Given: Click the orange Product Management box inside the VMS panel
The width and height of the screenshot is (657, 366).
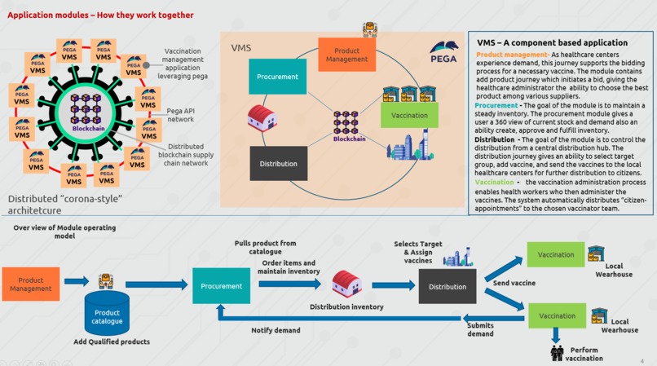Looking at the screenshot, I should (x=345, y=54).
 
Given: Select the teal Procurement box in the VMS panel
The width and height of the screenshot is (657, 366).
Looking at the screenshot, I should (x=278, y=77).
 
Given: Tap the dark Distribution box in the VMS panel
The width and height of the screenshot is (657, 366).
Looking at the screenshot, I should (x=278, y=164).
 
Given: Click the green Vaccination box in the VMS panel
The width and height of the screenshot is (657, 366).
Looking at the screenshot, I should (x=409, y=115).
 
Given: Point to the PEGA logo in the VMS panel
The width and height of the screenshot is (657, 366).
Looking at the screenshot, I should (x=443, y=51).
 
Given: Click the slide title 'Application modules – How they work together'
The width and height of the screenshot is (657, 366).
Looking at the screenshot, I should (x=100, y=15).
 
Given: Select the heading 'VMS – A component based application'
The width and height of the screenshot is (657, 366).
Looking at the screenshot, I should (x=552, y=42).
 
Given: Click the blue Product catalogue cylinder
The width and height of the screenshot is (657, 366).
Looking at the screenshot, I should (x=107, y=314).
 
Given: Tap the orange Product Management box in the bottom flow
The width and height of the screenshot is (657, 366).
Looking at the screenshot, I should (x=31, y=284).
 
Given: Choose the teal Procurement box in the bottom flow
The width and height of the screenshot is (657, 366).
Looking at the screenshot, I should (x=221, y=286).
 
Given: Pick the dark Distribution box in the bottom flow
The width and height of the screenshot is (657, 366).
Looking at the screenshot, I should (x=448, y=286).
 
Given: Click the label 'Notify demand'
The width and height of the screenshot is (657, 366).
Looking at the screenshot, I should (x=276, y=330).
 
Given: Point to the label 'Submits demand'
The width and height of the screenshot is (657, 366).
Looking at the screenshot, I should (x=480, y=329).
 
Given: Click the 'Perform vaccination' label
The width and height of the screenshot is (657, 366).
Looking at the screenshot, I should (x=584, y=354).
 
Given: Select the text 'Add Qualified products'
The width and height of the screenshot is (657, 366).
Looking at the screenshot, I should (x=112, y=342).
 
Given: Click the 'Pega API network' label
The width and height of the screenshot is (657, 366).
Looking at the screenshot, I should (x=186, y=114).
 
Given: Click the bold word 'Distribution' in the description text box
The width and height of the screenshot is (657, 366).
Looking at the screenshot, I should (x=495, y=139).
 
